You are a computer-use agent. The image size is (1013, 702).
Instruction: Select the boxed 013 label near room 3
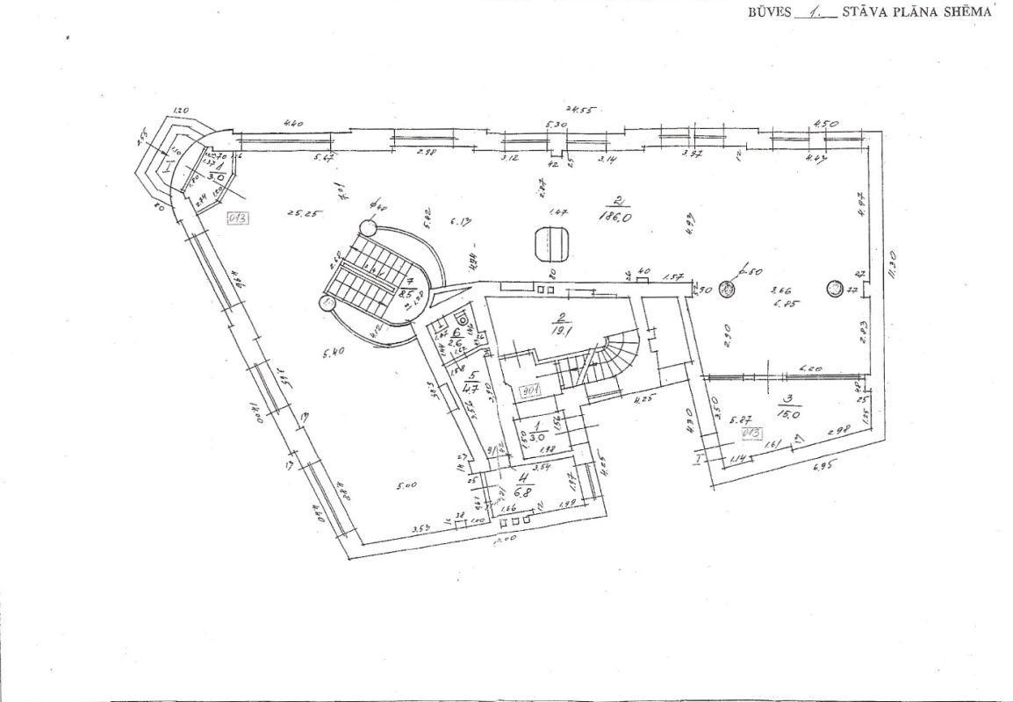click(751, 433)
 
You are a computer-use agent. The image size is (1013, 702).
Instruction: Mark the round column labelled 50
click(727, 289)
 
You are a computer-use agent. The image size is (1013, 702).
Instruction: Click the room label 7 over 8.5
click(409, 288)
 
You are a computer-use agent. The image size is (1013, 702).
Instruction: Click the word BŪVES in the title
click(766, 12)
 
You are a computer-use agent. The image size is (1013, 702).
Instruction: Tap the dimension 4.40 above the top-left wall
click(292, 124)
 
